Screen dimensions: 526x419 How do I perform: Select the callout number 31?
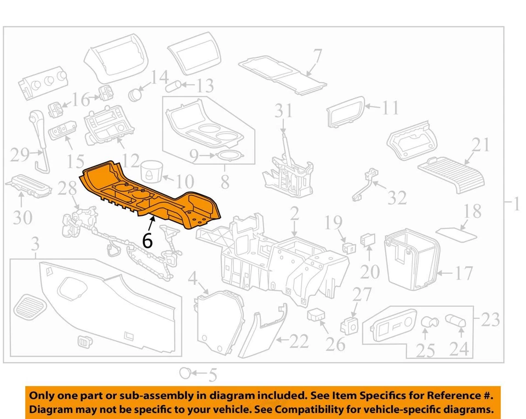(x=284, y=112)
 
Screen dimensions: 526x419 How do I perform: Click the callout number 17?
(x=463, y=272)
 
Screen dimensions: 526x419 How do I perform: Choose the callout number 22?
(x=298, y=342)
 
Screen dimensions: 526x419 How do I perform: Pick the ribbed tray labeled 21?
(x=450, y=171)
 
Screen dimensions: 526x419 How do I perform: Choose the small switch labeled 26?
(x=316, y=315)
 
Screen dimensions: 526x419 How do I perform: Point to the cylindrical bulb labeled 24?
(x=454, y=321)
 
